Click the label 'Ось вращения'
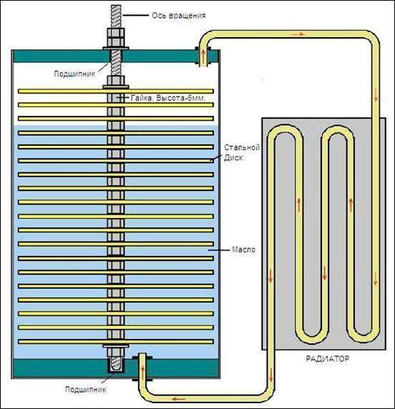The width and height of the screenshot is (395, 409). [x=179, y=16]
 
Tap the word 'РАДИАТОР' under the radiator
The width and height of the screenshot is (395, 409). [x=328, y=359]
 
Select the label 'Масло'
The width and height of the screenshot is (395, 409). [x=243, y=250]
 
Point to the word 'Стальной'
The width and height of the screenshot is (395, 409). [x=242, y=147]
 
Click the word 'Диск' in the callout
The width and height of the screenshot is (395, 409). [x=233, y=158]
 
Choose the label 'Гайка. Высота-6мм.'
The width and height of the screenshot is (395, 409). [x=168, y=98]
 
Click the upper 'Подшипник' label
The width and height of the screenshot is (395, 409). [x=74, y=74]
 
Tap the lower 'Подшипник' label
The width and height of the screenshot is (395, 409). [x=86, y=390]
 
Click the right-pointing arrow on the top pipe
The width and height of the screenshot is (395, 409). [x=298, y=34]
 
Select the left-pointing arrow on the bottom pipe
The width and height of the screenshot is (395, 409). [x=179, y=399]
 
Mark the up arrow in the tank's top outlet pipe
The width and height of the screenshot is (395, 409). [x=203, y=56]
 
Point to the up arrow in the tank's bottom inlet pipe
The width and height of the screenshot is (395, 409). [x=142, y=371]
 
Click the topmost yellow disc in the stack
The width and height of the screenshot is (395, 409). [x=116, y=91]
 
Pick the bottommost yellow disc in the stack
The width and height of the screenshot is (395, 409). [x=116, y=341]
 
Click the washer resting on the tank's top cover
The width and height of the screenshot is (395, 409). [x=116, y=48]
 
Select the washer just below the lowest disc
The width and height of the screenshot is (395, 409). [x=116, y=346]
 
